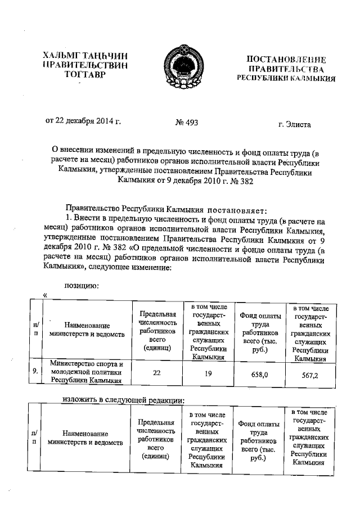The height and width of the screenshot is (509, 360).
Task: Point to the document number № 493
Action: point(186,122)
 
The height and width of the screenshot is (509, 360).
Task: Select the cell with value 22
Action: point(154,371)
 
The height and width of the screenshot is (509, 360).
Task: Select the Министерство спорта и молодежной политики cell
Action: point(86,372)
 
